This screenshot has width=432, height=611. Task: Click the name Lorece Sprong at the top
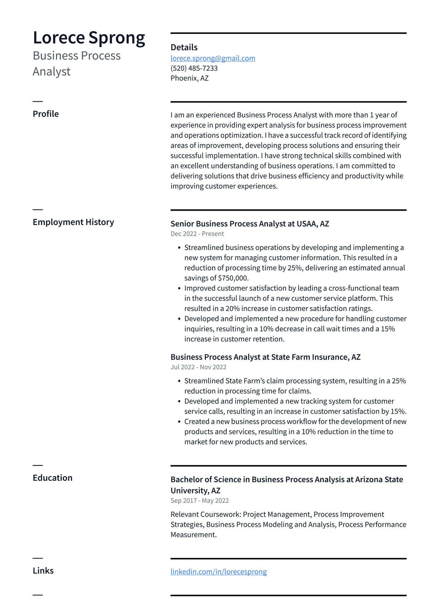point(89,38)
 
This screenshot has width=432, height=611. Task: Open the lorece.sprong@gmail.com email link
point(213,58)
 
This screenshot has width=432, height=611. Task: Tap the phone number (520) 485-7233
point(194,68)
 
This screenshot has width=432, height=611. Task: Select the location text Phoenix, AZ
point(189,78)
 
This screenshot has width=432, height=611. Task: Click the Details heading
point(184,47)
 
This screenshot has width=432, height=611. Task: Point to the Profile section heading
point(46,114)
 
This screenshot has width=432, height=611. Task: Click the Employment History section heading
point(73,222)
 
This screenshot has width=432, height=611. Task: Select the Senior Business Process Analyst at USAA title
point(250,224)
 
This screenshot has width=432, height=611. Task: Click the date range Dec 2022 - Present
point(197,234)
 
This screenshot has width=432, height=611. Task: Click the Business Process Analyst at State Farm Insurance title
point(265,357)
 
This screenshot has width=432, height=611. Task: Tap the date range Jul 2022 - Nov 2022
point(198,367)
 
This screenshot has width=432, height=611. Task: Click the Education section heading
point(52,478)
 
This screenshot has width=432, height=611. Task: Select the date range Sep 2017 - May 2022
point(200,501)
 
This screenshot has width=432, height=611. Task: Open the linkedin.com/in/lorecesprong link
point(219,572)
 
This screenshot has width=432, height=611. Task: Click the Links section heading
point(43,571)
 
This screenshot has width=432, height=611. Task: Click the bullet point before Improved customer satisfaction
point(179,289)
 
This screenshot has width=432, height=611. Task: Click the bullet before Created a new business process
point(179,422)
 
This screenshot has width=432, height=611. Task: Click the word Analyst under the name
point(52,72)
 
